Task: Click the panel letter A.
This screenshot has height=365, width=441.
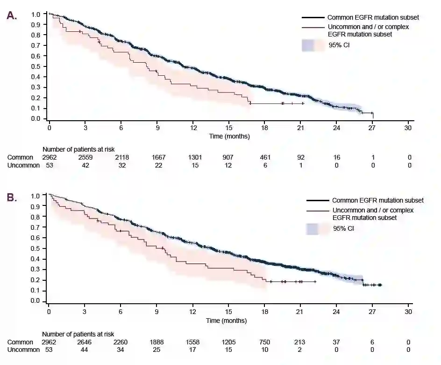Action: (x=12, y=15)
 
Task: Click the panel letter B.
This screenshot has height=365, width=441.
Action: (x=12, y=197)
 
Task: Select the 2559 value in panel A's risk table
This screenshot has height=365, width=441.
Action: (x=85, y=158)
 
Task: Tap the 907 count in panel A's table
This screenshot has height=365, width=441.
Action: (x=229, y=158)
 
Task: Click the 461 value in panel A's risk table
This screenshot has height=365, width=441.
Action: (x=265, y=158)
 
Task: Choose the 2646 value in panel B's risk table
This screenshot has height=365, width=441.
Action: (x=85, y=342)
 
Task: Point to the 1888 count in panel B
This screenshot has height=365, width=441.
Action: (x=157, y=342)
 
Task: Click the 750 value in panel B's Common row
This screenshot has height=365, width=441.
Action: (x=265, y=342)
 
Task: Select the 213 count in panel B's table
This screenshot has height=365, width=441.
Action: (x=301, y=342)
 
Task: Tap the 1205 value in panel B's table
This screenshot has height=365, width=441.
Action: (x=229, y=342)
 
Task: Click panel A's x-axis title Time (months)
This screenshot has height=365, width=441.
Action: (x=229, y=137)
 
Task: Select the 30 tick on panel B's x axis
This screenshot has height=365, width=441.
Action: (x=408, y=312)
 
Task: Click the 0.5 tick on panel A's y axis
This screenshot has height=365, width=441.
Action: (x=36, y=66)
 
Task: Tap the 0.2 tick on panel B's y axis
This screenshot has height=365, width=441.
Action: (x=36, y=280)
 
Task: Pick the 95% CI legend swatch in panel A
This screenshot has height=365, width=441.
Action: (x=313, y=45)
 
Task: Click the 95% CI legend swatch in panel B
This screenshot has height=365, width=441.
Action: (x=318, y=229)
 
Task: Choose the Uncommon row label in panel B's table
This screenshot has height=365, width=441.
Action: (x=23, y=350)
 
